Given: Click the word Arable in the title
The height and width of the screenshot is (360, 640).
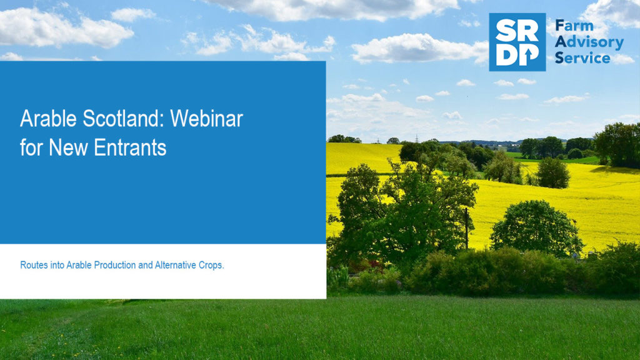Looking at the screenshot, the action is (48, 119).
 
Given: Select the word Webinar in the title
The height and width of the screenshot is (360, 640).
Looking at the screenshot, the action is (206, 119).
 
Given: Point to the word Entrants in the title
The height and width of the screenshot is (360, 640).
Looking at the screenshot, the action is (130, 147).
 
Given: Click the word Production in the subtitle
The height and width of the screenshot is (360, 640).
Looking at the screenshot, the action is (115, 265).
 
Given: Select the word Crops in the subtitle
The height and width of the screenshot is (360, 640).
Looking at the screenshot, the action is (211, 265).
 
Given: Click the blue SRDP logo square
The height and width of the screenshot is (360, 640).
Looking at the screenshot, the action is (517, 42).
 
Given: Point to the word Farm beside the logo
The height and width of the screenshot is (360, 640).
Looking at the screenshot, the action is (574, 26).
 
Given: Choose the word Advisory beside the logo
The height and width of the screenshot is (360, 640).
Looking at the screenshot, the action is (589, 42).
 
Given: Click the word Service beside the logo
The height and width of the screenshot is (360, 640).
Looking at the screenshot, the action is (582, 58).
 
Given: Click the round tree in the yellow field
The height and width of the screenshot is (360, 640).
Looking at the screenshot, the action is (535, 227).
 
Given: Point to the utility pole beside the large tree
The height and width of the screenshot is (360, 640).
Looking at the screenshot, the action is (466, 229).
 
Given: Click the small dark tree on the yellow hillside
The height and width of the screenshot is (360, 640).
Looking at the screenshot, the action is (552, 173).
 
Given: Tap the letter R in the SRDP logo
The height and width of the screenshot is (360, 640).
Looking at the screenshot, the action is (529, 31).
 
